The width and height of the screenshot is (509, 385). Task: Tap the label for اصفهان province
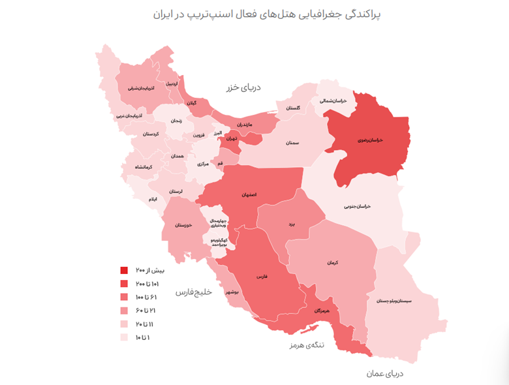pos(249,194)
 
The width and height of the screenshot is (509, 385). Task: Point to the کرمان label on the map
pos(333,262)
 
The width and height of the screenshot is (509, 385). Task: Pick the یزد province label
pos(292,224)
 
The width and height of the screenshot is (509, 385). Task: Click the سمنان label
pos(292,142)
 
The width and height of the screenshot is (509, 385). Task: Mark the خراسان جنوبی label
pos(358,206)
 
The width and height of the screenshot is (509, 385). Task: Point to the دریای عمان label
pos(385,374)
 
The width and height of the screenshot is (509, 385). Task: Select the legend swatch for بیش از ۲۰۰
pos(124,270)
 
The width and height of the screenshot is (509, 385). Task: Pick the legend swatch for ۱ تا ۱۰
pos(124,337)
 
